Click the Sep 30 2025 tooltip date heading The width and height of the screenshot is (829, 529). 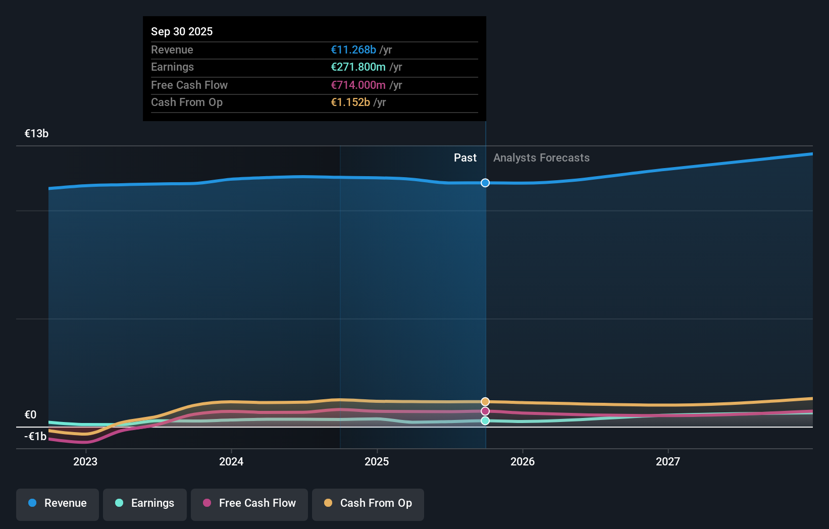point(182,31)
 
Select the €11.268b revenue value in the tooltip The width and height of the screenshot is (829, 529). point(353,49)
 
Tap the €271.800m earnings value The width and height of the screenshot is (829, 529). point(358,67)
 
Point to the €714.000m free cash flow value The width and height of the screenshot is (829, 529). point(358,85)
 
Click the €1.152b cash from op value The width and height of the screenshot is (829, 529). point(350,102)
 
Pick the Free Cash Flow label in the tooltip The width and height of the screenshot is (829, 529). point(189,85)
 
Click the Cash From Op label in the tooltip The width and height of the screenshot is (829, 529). point(187,102)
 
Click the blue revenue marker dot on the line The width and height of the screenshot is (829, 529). point(485,183)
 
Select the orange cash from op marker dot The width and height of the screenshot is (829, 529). point(485,402)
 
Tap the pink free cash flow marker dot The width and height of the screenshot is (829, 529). point(485,411)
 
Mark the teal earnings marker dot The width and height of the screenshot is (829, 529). point(485,420)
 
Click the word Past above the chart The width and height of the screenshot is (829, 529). point(465,157)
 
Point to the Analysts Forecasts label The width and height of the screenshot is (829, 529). point(541,157)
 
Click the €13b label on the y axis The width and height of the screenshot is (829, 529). point(36,133)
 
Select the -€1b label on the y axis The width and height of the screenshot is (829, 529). point(35,436)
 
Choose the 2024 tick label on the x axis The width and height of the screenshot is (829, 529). point(231,461)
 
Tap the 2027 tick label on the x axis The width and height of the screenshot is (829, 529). point(668,461)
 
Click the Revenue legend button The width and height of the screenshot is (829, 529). point(58,503)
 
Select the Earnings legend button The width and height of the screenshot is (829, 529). point(145,503)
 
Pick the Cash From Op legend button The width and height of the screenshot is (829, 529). point(368,503)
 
